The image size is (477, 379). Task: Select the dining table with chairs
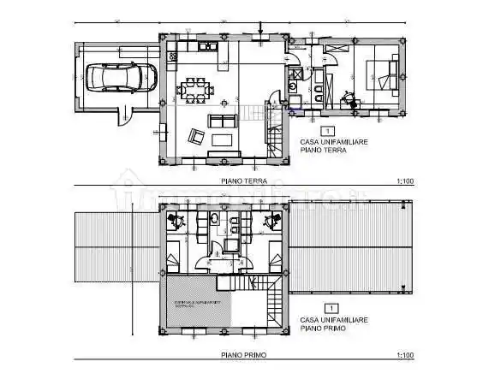tap(196, 89)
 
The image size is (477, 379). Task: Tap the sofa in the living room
tap(224, 121)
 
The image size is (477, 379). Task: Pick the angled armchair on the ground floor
tap(196, 134)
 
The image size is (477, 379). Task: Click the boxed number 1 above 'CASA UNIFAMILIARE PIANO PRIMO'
tap(326, 306)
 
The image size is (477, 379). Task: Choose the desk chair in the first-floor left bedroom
tap(177, 220)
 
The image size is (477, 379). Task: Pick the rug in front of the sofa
tap(224, 139)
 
